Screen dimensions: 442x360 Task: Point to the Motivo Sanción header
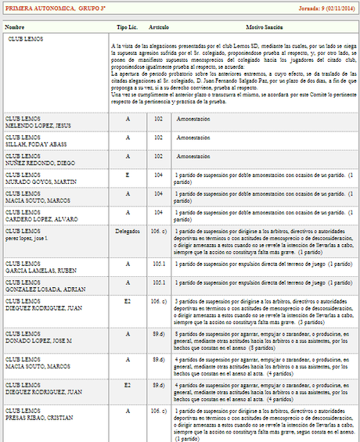pos(263,27)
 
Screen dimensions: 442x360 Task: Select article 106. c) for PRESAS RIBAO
pos(159,411)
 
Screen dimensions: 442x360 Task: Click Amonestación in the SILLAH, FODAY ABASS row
pos(194,141)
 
